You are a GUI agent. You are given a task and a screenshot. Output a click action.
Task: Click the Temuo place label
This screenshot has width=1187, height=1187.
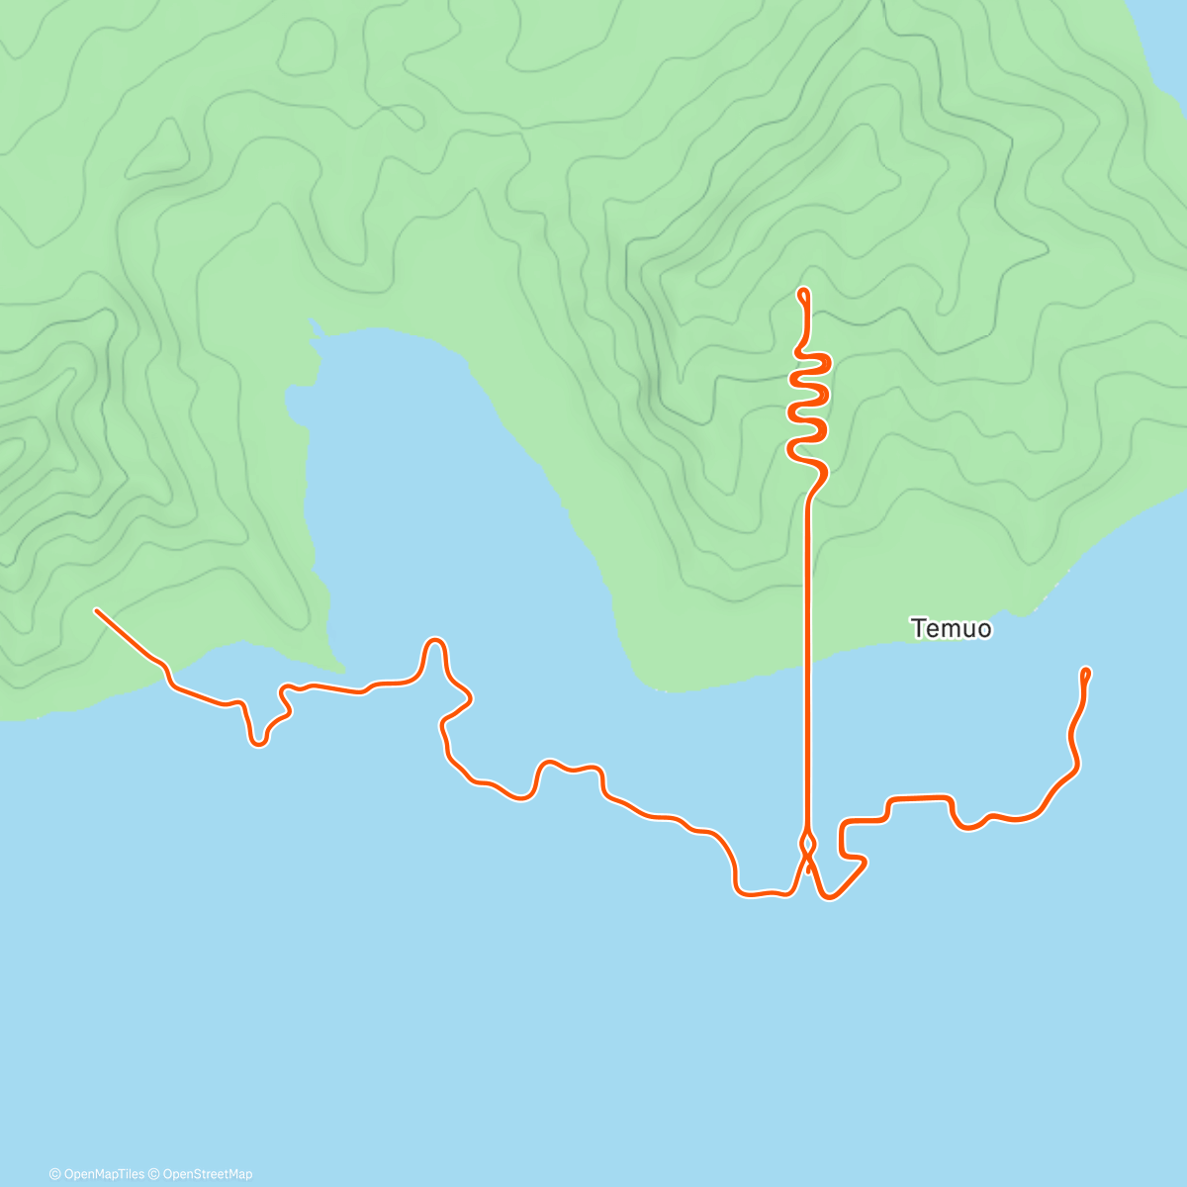tap(951, 628)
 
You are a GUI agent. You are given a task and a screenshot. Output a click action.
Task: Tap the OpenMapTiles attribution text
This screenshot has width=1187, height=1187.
tap(104, 1174)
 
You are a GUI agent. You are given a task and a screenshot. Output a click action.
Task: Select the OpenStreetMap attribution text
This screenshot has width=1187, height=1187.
tap(207, 1174)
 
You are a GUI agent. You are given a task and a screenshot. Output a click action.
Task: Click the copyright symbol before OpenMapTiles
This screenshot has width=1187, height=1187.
tap(55, 1174)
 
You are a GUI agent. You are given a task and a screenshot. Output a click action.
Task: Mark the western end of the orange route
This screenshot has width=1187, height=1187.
tap(96, 610)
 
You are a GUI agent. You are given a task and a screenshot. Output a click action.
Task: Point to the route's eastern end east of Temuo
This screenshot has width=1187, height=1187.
tap(1087, 671)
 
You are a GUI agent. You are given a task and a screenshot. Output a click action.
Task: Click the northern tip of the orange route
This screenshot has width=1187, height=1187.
tap(803, 291)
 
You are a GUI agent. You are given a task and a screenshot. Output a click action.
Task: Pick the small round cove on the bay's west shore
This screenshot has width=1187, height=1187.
tap(294, 402)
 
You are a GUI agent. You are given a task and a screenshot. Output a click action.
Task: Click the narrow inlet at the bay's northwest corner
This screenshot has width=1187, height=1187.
tap(316, 327)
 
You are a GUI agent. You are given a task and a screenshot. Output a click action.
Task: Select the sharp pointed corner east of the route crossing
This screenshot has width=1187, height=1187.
tap(866, 864)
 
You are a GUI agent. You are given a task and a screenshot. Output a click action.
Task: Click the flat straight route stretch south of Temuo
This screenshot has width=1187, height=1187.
tap(920, 796)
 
